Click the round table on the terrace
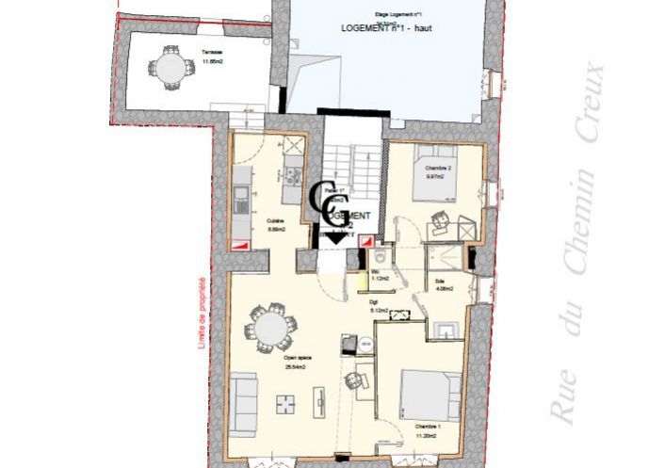170,69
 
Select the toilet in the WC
380,255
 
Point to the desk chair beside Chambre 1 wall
355,380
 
